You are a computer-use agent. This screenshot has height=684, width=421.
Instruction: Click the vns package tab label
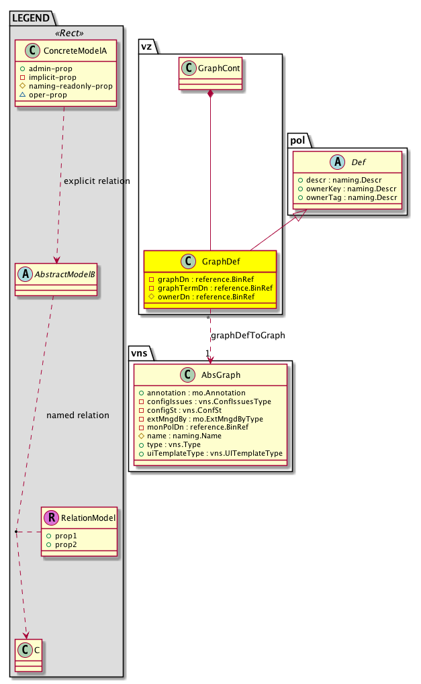click(x=140, y=352)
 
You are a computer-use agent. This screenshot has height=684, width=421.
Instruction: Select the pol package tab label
click(x=297, y=140)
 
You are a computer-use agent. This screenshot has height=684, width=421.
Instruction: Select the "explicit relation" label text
click(x=97, y=181)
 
